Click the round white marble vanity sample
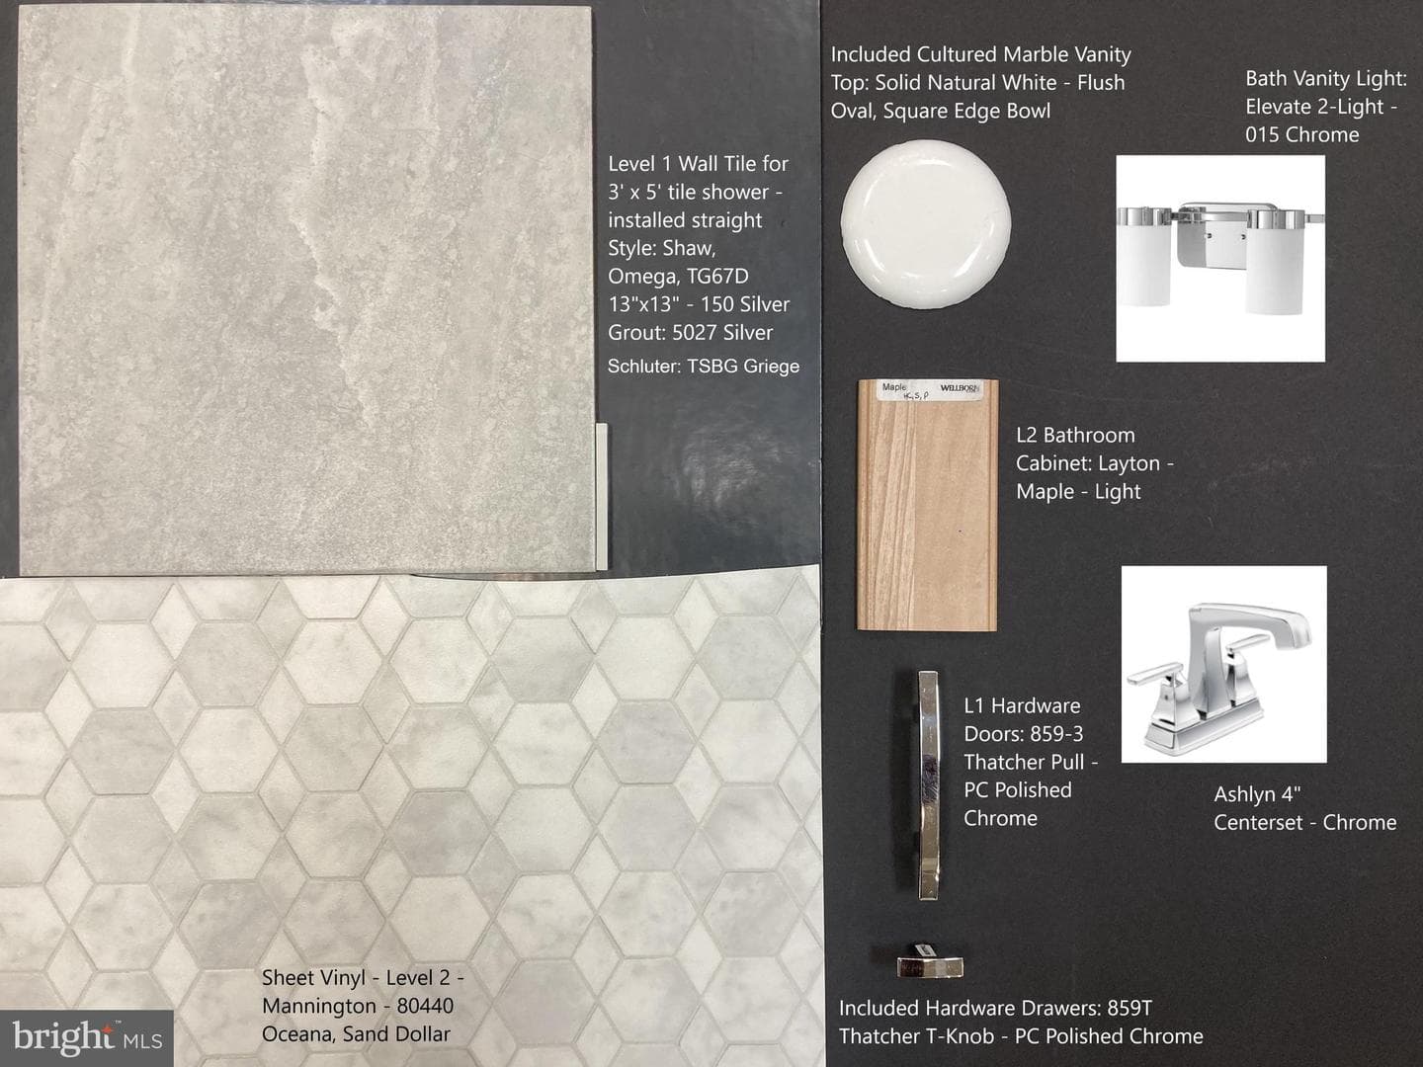click(x=926, y=224)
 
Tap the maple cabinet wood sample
click(x=927, y=505)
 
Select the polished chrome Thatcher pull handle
click(x=928, y=785)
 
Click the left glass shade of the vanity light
click(x=1143, y=259)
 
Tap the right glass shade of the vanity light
click(x=1276, y=263)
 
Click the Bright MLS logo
click(x=87, y=1037)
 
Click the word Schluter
click(x=643, y=366)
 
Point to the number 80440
click(x=425, y=1006)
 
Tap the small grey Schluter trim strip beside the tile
click(x=601, y=496)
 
